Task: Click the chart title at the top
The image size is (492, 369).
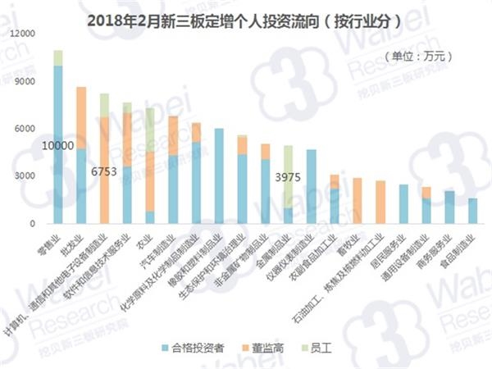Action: click(x=245, y=20)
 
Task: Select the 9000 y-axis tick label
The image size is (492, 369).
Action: click(x=30, y=82)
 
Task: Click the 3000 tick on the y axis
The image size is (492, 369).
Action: click(x=30, y=176)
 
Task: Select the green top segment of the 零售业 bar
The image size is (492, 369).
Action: click(x=58, y=57)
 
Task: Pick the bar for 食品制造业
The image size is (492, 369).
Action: click(x=472, y=211)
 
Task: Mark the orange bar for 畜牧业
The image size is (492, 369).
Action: click(x=358, y=200)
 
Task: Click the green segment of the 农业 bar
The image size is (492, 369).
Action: click(x=150, y=130)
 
